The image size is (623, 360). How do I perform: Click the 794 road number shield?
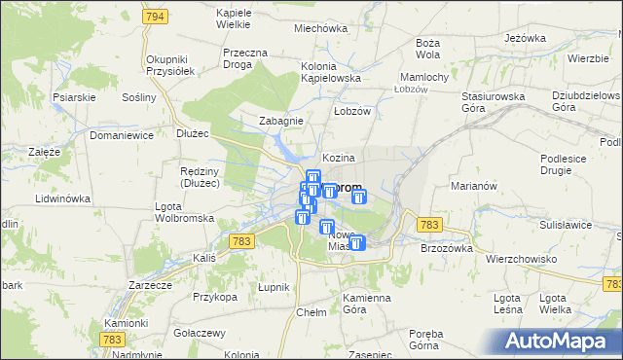153,18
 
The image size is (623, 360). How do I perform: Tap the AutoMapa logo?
561,341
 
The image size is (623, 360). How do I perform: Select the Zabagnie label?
280,121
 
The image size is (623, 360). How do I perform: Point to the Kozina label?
338,158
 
